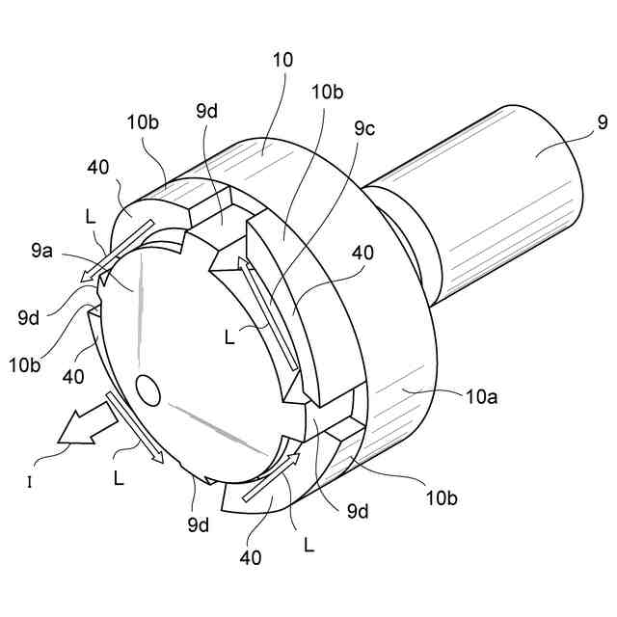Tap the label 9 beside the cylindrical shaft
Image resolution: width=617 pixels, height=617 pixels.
(x=602, y=121)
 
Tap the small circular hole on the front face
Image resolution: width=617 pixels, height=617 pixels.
(x=148, y=389)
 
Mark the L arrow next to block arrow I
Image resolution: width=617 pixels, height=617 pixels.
(x=134, y=425)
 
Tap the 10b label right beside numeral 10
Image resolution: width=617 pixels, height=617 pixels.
(x=326, y=93)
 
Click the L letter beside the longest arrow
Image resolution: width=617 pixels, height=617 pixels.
(x=228, y=337)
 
